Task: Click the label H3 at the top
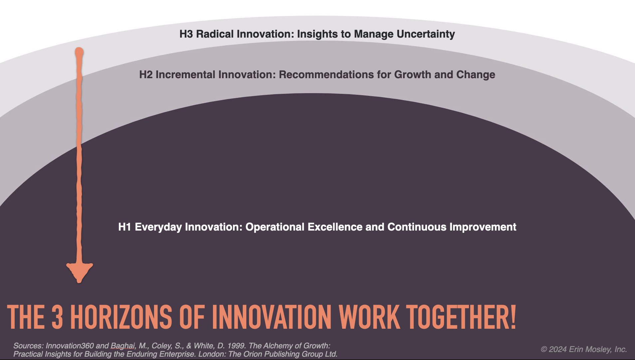point(186,34)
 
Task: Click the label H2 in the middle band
point(146,75)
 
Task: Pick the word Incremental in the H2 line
point(186,75)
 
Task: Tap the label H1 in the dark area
point(124,227)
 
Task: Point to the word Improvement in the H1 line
point(483,227)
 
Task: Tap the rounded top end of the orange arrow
point(79,52)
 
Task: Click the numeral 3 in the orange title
point(57,317)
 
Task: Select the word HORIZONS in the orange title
point(121,317)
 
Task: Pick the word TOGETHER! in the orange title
point(461,317)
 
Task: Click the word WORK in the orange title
point(369,317)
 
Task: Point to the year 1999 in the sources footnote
point(236,346)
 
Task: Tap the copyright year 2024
point(557,349)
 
